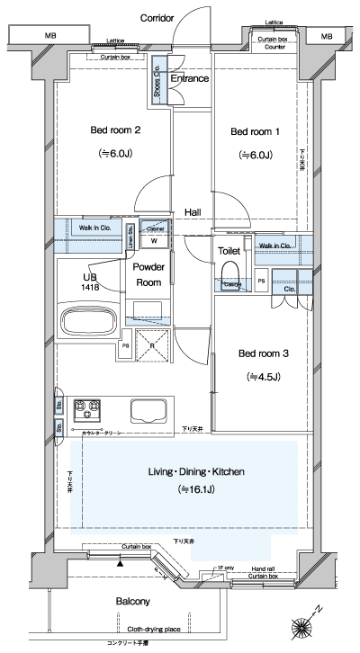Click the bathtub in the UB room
[x=87, y=321]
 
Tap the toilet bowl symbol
[x=229, y=275]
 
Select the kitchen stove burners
[x=85, y=409]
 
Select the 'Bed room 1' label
[x=256, y=131]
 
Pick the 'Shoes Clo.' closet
[x=157, y=83]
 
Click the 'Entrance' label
[x=189, y=78]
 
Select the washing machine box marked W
[x=154, y=240]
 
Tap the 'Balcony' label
[x=132, y=601]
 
